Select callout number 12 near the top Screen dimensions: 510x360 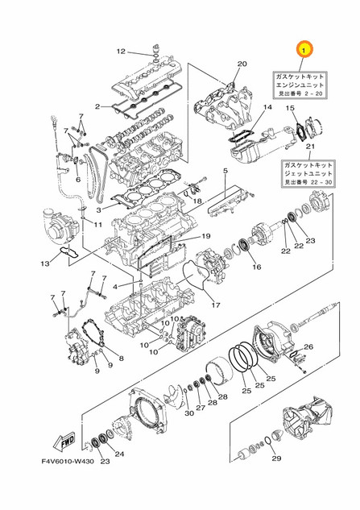pos(120,52)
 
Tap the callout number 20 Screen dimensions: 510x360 pos(242,64)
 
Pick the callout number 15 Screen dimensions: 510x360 pos(292,107)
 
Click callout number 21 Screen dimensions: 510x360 pos(308,145)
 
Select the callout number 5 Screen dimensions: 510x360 pos(226,172)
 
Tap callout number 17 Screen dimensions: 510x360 pos(216,305)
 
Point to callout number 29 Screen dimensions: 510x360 pos(276,459)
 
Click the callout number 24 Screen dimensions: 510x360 pos(119,454)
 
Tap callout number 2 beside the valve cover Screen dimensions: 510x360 pos(97,106)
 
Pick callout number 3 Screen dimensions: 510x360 pos(98,210)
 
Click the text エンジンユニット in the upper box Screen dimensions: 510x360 pos(303,83)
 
